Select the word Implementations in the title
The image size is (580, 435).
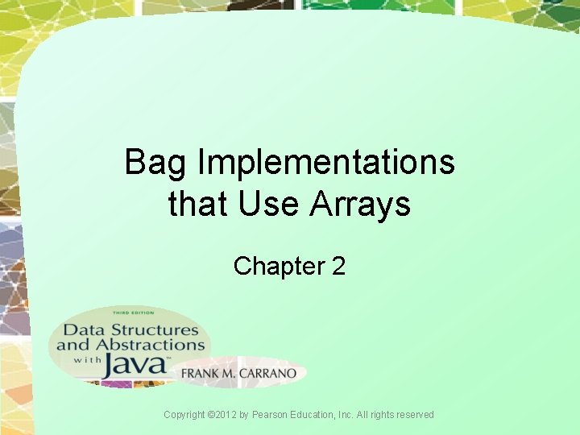tap(326, 164)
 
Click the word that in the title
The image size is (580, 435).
tap(198, 205)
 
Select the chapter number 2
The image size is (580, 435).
tap(338, 265)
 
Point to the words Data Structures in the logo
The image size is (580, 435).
tap(130, 329)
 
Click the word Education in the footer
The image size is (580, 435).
tap(321, 415)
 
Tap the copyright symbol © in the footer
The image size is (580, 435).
tap(212, 415)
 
